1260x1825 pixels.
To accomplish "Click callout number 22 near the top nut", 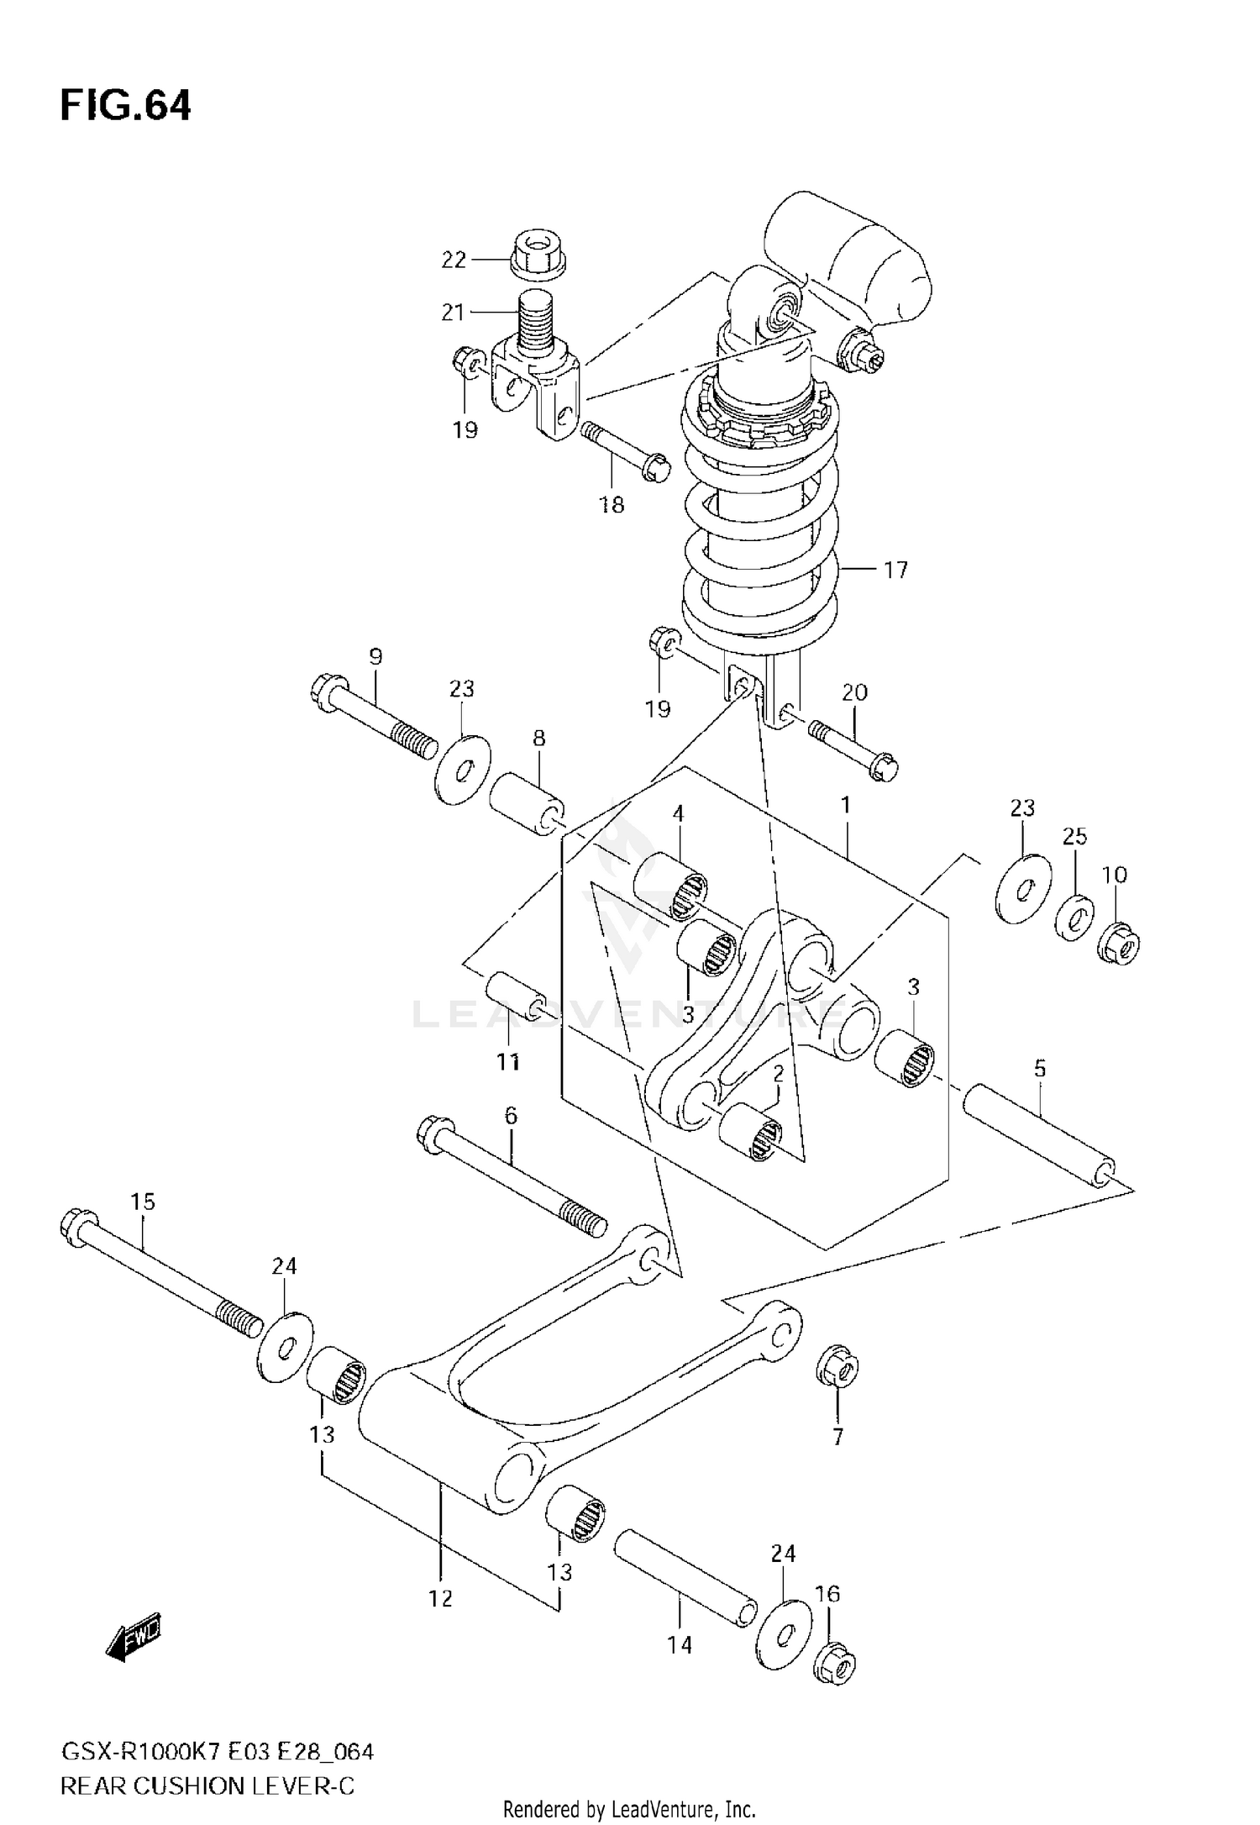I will pyautogui.click(x=454, y=260).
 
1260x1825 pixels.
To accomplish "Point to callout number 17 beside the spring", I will pyautogui.click(x=896, y=570).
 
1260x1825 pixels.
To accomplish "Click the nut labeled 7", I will pyautogui.click(x=837, y=1370).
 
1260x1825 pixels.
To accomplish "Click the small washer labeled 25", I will pyautogui.click(x=1074, y=918).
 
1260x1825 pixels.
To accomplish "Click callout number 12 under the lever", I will pyautogui.click(x=440, y=1598).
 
